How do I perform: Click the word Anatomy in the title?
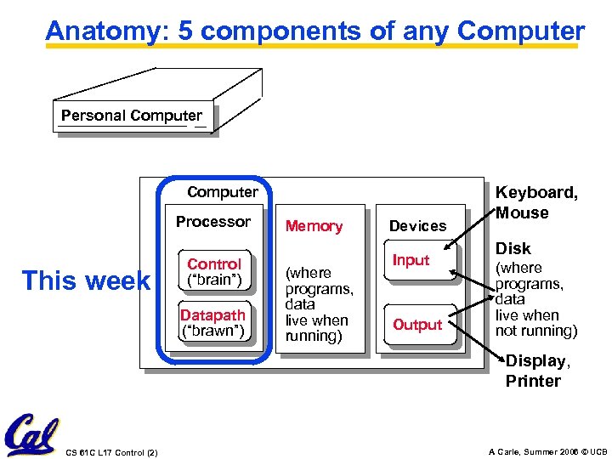[x=99, y=31]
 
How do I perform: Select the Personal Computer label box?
[x=132, y=116]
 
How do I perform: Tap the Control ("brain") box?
[x=214, y=271]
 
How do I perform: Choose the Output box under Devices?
[x=417, y=325]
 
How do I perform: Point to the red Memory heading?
[x=314, y=226]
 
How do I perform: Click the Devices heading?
[x=417, y=226]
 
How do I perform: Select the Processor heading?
[x=213, y=222]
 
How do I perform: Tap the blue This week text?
[x=85, y=280]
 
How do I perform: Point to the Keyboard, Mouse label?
[x=536, y=203]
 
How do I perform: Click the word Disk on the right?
[x=513, y=248]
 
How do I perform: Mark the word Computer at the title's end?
[x=520, y=31]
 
